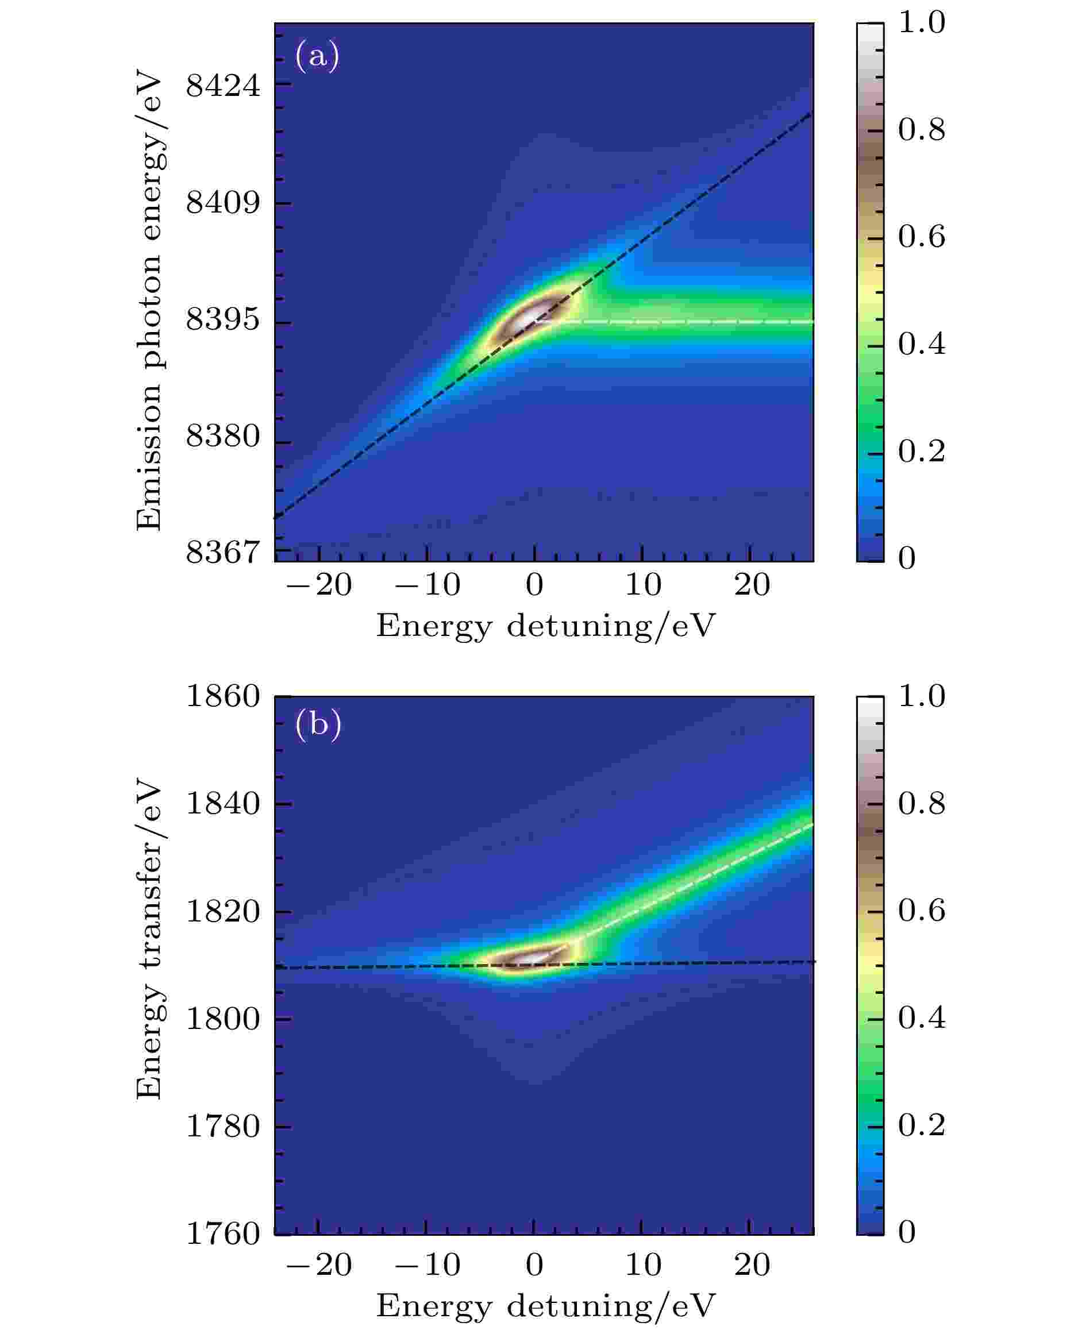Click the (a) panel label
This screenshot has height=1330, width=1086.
coord(317,56)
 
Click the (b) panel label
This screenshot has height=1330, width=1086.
coord(318,724)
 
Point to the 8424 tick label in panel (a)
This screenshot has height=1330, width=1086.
coord(223,85)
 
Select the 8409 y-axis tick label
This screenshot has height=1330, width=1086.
coord(223,203)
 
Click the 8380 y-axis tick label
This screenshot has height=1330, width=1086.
coord(223,436)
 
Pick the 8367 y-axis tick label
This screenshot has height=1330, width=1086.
coord(223,552)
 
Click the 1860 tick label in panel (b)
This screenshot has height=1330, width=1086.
coord(223,696)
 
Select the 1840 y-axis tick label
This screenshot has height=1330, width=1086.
coord(223,804)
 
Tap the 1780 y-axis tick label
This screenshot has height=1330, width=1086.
coord(223,1127)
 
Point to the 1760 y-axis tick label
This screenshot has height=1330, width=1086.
coord(223,1234)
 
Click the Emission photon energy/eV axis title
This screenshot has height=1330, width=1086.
coord(149,304)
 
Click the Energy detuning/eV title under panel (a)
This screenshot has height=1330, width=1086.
coord(545,626)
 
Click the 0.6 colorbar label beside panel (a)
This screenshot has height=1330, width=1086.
coord(921,237)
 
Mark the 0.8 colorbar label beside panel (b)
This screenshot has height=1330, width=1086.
coord(921,804)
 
